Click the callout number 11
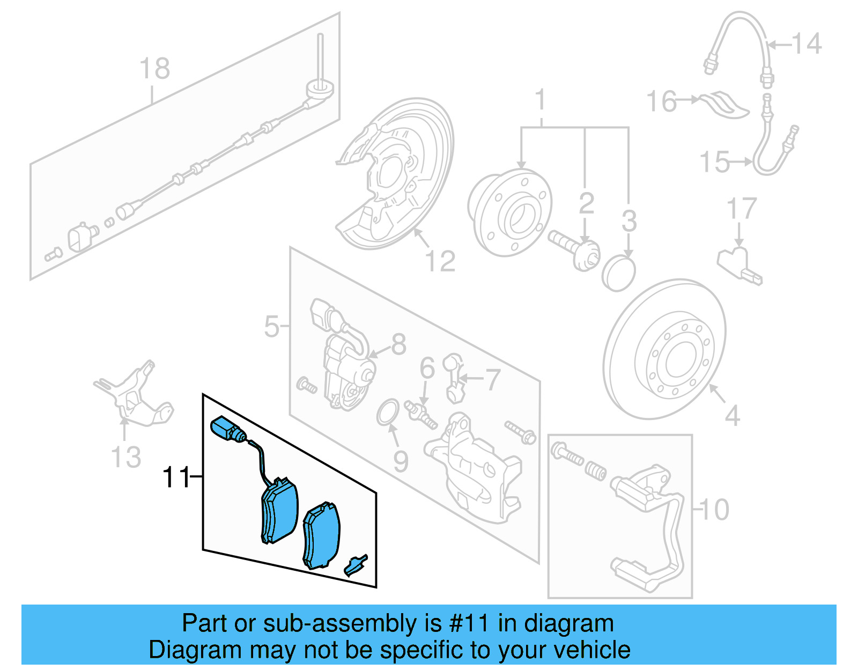(176, 477)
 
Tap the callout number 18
(154, 69)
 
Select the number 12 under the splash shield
(440, 261)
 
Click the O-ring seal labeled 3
(618, 274)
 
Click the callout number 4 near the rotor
(732, 416)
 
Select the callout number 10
(715, 510)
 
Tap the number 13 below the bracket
(126, 458)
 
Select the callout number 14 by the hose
(807, 43)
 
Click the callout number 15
(715, 162)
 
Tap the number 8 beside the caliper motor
(398, 344)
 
